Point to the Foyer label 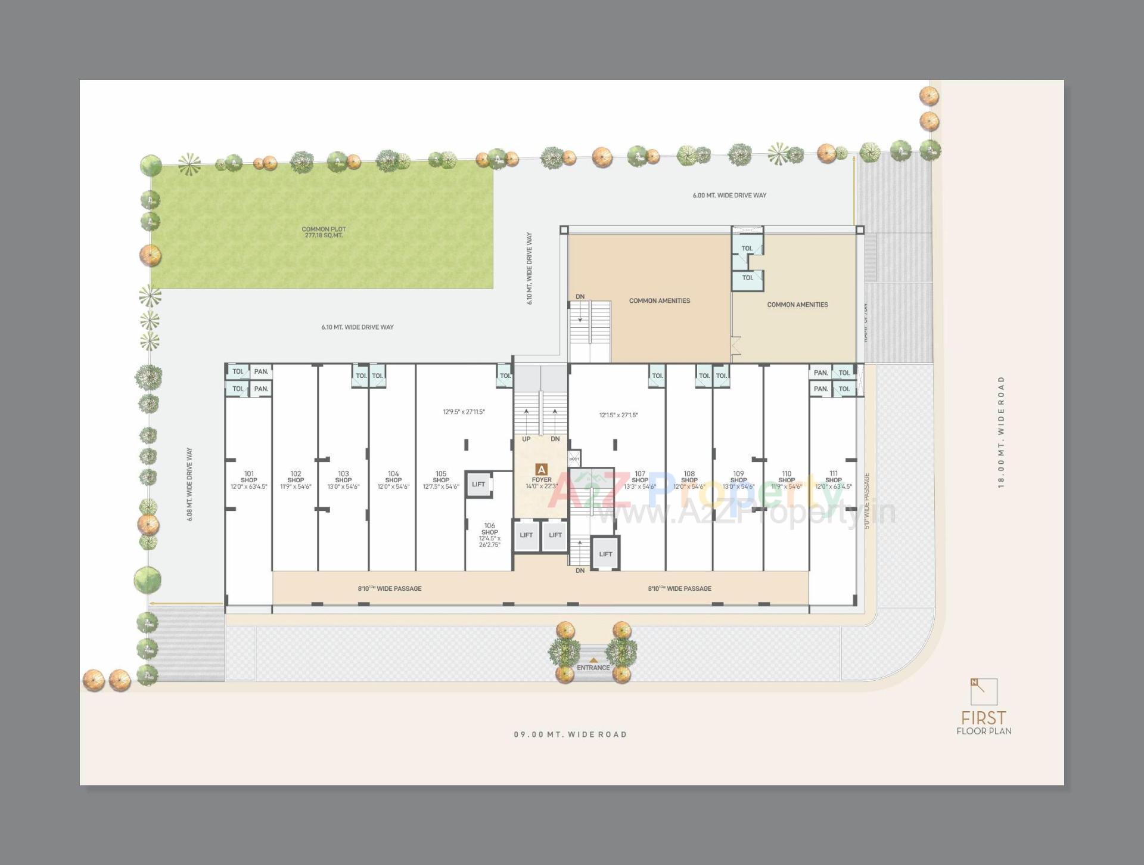(x=542, y=480)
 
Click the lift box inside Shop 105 (x=478, y=484)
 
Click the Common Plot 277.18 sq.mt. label (x=324, y=232)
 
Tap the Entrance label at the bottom (x=593, y=668)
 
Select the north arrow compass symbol (x=984, y=692)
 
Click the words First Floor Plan (x=984, y=722)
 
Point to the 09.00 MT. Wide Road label (x=570, y=734)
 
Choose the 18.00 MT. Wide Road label (x=1001, y=432)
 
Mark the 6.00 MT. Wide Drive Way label (x=729, y=196)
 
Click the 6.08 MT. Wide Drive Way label (x=189, y=485)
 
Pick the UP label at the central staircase (x=526, y=439)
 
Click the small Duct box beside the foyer (x=574, y=458)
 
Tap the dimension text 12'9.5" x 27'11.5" (x=464, y=412)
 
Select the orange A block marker (x=542, y=469)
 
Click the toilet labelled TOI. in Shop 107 (x=657, y=376)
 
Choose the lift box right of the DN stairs (x=605, y=554)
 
